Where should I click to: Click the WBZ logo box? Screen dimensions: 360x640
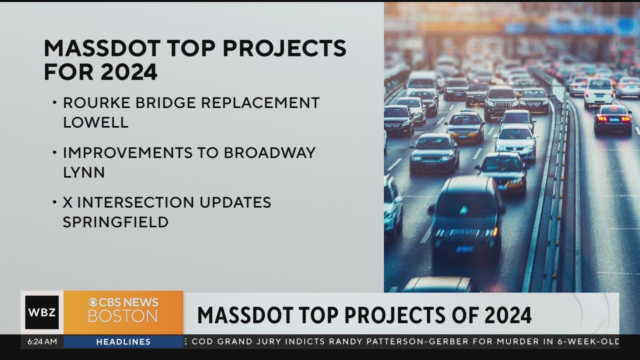pyautogui.click(x=42, y=312)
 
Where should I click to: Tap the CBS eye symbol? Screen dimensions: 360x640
pyautogui.click(x=93, y=302)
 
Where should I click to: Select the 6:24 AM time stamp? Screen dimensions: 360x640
pyautogui.click(x=42, y=342)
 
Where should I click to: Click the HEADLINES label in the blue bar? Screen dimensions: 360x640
pyautogui.click(x=123, y=342)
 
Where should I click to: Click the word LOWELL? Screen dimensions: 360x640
pyautogui.click(x=95, y=122)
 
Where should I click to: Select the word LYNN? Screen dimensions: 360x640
pyautogui.click(x=83, y=172)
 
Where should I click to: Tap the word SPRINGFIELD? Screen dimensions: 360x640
pyautogui.click(x=115, y=222)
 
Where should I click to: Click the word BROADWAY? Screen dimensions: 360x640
pyautogui.click(x=269, y=153)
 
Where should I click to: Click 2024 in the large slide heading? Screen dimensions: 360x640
pyautogui.click(x=128, y=72)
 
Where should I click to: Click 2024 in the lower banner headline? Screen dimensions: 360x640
pyautogui.click(x=508, y=315)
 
